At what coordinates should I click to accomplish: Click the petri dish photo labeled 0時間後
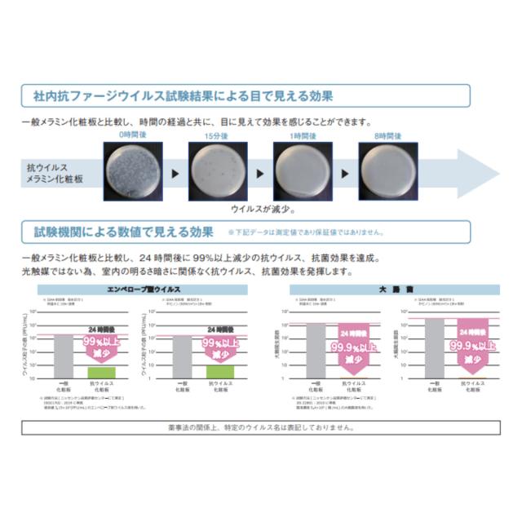pyautogui.click(x=131, y=172)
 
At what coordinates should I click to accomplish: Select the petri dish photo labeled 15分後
pyautogui.click(x=216, y=172)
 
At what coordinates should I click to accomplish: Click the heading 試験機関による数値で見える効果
pyautogui.click(x=123, y=232)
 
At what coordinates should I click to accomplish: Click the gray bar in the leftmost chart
pyautogui.click(x=63, y=355)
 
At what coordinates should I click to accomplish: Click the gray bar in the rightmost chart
pyautogui.click(x=434, y=347)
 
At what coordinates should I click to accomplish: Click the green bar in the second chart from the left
pyautogui.click(x=220, y=370)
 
